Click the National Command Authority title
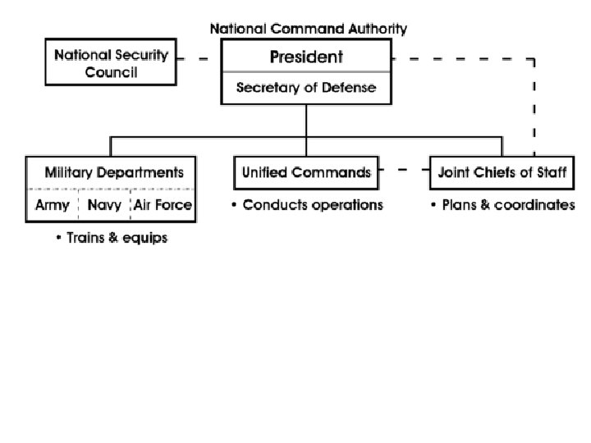(308, 29)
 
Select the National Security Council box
(111, 63)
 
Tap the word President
(306, 57)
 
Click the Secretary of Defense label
(306, 88)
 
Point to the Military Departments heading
(113, 173)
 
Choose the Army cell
(53, 205)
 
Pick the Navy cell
(104, 205)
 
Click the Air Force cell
(163, 205)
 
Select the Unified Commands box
(306, 173)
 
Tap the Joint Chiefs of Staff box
(502, 173)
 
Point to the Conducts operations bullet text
(307, 205)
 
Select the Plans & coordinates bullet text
(502, 205)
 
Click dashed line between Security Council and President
(198, 59)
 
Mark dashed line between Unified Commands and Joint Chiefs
(404, 171)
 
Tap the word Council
(111, 72)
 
